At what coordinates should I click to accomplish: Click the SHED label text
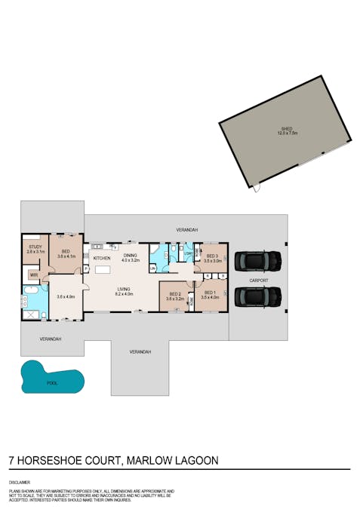click(287, 129)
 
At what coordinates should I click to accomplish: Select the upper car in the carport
click(258, 261)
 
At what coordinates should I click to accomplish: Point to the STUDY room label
click(35, 247)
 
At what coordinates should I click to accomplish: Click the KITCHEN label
click(102, 258)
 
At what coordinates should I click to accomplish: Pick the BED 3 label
click(211, 256)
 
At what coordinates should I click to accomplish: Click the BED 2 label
click(174, 294)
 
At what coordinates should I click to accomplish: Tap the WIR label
click(33, 275)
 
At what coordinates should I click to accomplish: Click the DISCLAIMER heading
click(20, 480)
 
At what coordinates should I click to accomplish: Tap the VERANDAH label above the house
click(186, 228)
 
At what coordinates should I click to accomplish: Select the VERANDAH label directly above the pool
click(51, 339)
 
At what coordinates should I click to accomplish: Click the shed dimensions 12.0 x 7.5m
click(287, 133)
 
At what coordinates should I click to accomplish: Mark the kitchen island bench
click(103, 269)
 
